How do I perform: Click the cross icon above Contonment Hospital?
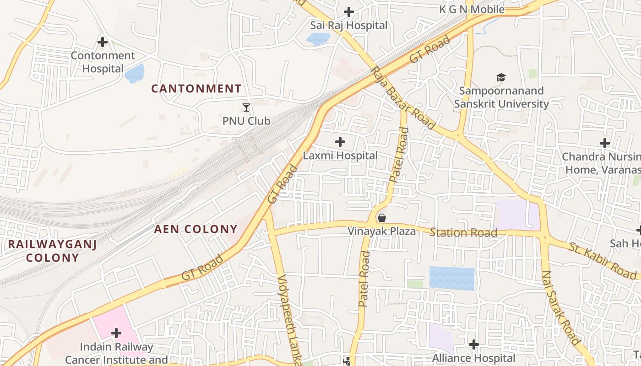(x=103, y=42)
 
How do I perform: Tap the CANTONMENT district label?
(x=196, y=88)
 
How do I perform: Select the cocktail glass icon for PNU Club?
(x=246, y=108)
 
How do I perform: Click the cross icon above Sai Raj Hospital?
(x=349, y=12)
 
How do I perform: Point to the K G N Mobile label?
(x=472, y=9)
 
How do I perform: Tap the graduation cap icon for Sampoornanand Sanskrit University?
(x=501, y=78)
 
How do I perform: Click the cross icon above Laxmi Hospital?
(x=340, y=142)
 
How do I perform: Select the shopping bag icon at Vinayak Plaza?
(x=381, y=218)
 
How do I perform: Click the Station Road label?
(x=463, y=233)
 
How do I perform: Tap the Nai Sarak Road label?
(x=561, y=307)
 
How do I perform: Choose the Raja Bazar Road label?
(x=403, y=98)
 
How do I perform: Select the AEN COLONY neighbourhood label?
(x=196, y=229)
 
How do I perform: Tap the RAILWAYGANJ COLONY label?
(x=52, y=251)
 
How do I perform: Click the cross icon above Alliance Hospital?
(x=474, y=344)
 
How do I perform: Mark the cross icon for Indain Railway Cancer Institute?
(x=116, y=333)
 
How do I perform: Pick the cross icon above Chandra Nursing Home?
(x=605, y=143)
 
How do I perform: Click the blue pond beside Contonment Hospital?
(x=135, y=73)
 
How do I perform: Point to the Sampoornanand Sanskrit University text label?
(x=501, y=97)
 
